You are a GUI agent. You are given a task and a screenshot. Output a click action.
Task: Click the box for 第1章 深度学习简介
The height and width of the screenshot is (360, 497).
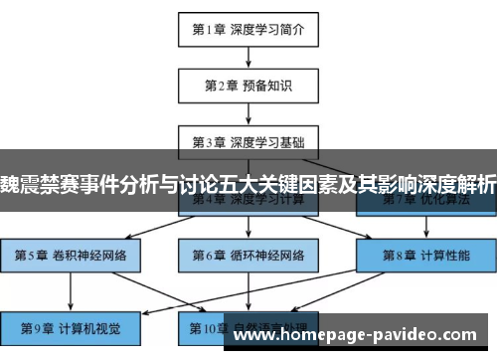(248, 29)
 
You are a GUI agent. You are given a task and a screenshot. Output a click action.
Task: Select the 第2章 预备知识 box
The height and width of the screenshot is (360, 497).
(248, 86)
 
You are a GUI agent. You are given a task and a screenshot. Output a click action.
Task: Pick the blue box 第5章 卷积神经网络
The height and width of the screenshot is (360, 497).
(70, 254)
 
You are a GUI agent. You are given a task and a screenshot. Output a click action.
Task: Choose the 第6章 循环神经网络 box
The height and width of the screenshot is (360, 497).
(248, 254)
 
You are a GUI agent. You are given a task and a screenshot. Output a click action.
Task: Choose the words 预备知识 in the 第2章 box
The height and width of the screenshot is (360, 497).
(266, 86)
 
